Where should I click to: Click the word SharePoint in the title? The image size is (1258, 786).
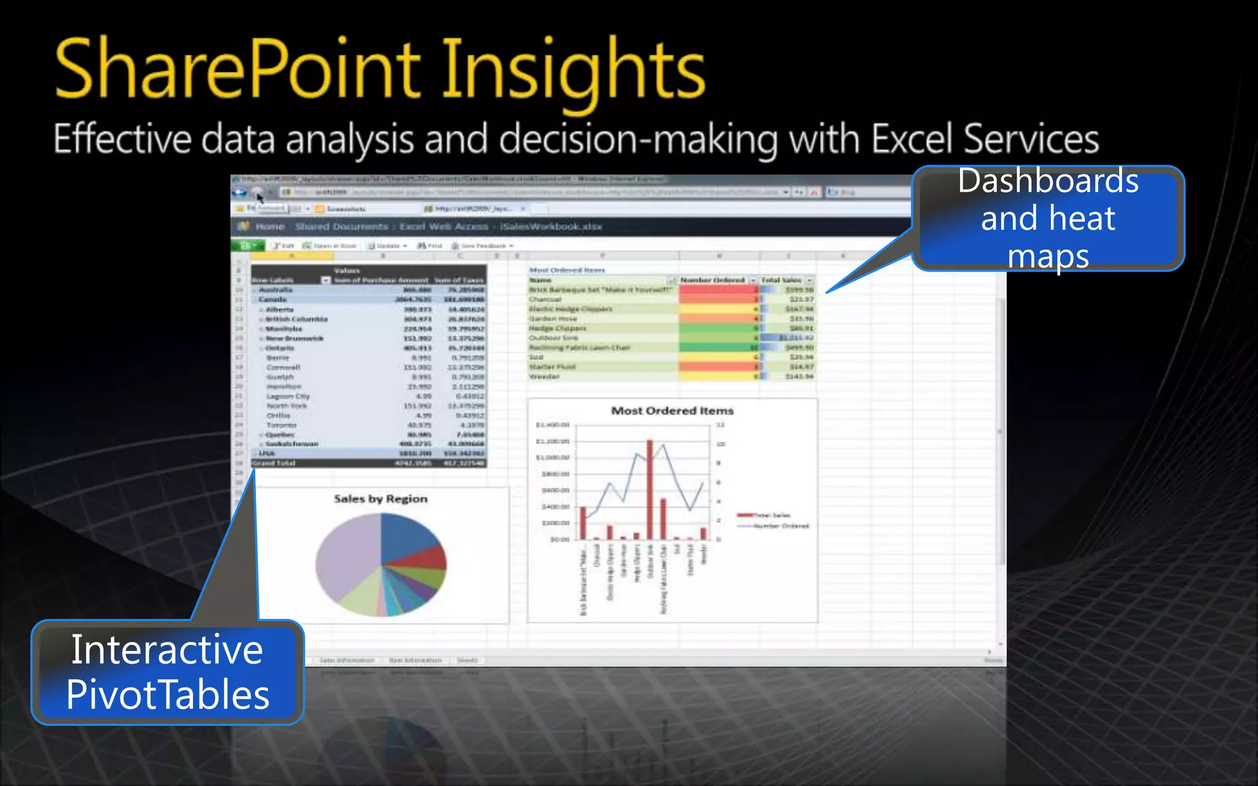pyautogui.click(x=236, y=69)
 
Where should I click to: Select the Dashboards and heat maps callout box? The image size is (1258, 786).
pyautogui.click(x=1048, y=218)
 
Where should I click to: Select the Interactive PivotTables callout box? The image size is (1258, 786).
pyautogui.click(x=167, y=672)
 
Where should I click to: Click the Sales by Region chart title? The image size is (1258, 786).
pyautogui.click(x=380, y=499)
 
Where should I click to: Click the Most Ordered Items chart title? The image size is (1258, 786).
pyautogui.click(x=672, y=411)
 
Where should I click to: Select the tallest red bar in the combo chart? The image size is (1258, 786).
pyautogui.click(x=649, y=491)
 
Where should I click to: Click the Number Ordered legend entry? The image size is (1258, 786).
pyautogui.click(x=774, y=526)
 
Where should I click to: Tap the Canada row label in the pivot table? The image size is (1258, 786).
pyautogui.click(x=273, y=300)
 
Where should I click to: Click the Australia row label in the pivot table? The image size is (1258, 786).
pyautogui.click(x=275, y=290)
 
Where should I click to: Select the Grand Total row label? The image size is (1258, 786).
pyautogui.click(x=274, y=463)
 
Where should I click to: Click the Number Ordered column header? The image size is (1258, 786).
pyautogui.click(x=712, y=280)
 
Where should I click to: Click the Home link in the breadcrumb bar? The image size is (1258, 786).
pyautogui.click(x=270, y=227)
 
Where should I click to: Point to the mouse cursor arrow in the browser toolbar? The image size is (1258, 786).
pyautogui.click(x=260, y=198)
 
